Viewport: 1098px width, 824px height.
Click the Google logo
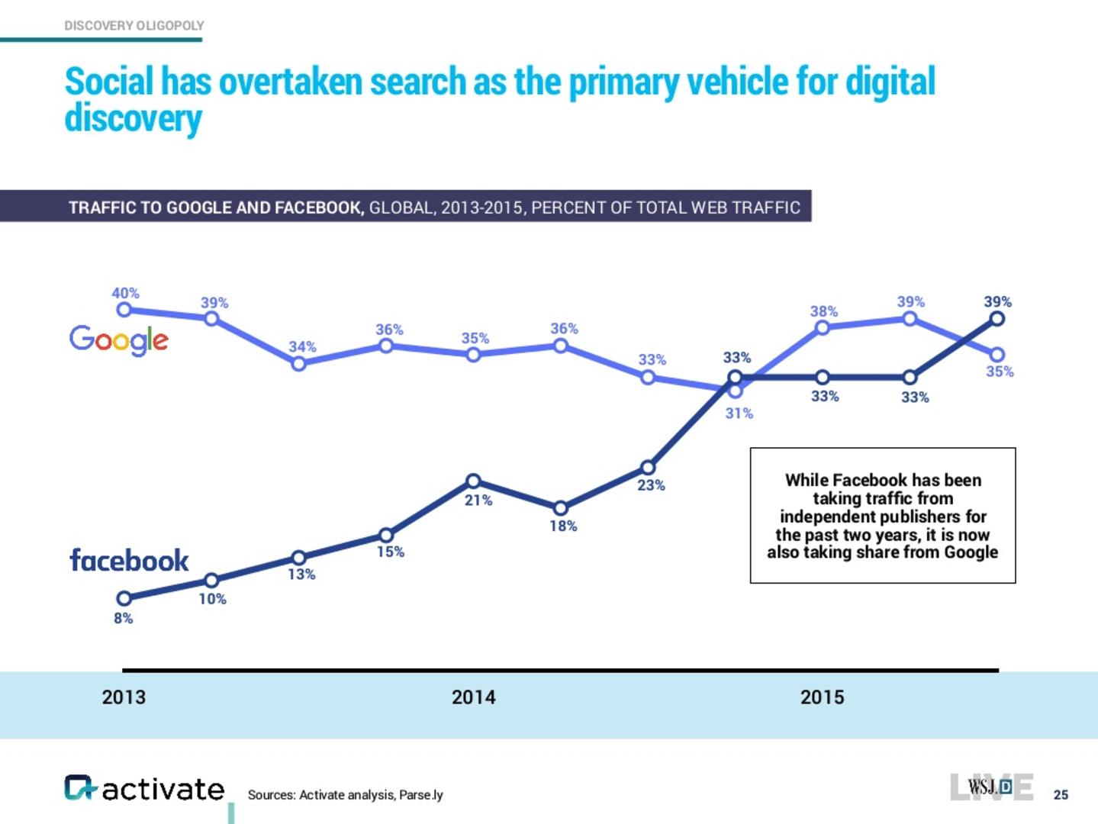point(118,340)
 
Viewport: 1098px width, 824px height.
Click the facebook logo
point(129,561)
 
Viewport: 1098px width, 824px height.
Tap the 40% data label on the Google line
point(125,293)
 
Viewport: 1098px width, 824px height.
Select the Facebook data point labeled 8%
point(124,598)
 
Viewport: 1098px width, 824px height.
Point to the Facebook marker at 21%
point(473,481)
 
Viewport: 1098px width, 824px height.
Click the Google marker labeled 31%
point(735,391)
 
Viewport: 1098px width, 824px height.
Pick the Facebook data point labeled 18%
point(560,508)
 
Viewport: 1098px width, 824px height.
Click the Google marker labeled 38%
point(822,328)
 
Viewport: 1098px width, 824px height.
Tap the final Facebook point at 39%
point(997,319)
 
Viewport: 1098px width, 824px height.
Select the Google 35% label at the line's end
point(1000,372)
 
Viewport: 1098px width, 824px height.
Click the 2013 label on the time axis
point(124,697)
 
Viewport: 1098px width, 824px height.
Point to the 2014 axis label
point(473,697)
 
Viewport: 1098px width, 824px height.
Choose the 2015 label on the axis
point(822,697)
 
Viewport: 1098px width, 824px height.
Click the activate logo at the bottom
point(144,789)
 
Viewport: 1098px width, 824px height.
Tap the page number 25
point(1061,795)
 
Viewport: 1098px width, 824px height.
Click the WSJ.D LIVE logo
point(991,787)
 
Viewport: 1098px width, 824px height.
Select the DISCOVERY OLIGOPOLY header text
point(134,26)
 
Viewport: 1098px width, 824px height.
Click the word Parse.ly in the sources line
point(420,795)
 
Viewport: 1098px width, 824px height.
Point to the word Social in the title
point(109,82)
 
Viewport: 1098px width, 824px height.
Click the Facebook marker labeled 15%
point(386,535)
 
